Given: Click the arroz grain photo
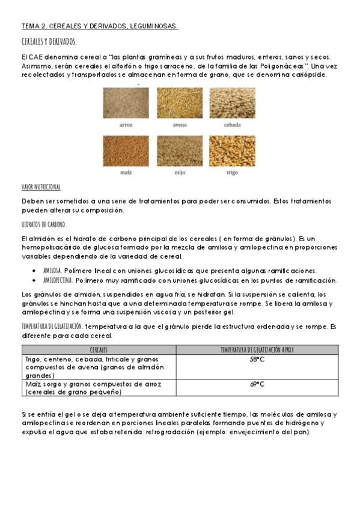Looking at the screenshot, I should pos(126,103).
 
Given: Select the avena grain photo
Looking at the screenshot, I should pos(179,103).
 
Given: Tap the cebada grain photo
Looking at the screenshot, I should pos(232,103).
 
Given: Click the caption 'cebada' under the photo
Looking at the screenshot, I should pos(232,125).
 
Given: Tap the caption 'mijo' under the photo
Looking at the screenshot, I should pos(179,173).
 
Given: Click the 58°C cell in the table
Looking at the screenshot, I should pos(257,360).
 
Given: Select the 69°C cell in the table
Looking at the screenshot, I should pos(257,384).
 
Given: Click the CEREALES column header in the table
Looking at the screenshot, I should pos(99,349).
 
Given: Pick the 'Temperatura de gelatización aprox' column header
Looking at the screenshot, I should pos(257,349).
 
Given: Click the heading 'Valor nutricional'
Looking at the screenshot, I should pos(41,188).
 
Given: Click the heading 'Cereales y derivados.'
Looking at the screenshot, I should pos(49,41).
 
